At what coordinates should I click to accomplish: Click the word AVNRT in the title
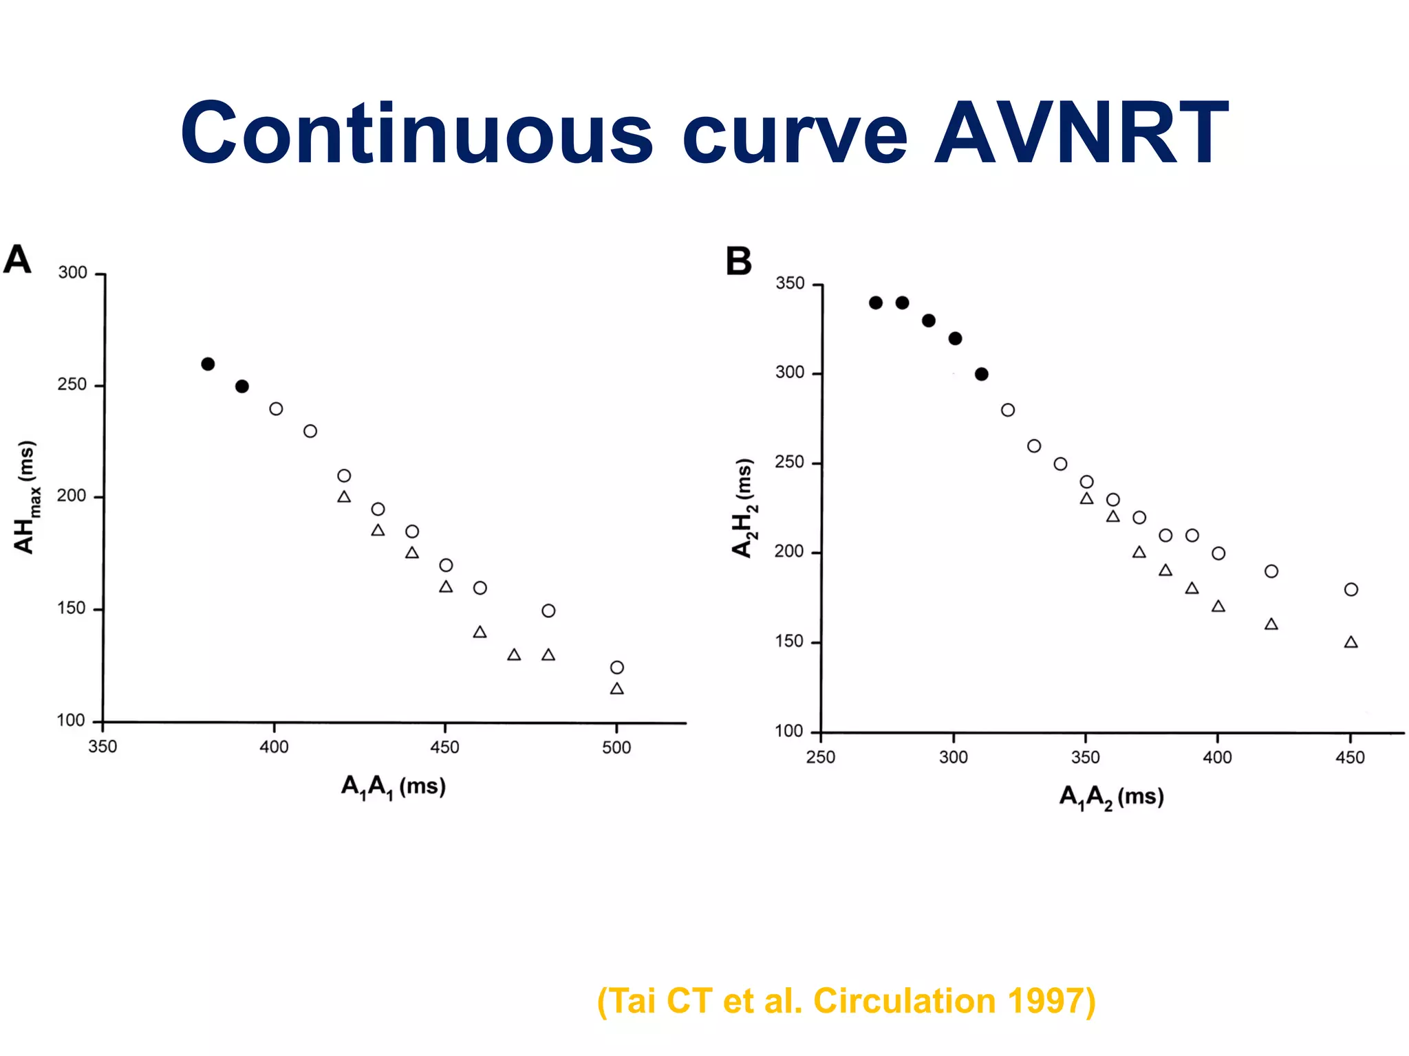(1081, 134)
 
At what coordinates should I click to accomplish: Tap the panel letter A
(17, 260)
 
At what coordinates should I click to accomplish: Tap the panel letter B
(738, 262)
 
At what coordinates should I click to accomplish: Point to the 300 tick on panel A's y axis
(72, 273)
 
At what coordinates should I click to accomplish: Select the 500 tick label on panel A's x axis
(616, 747)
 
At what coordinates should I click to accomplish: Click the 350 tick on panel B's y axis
(789, 283)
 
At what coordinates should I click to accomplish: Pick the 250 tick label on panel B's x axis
(820, 758)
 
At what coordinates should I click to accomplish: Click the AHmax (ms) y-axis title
(26, 497)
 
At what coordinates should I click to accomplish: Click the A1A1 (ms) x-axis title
(394, 786)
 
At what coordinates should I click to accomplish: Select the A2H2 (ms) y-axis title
(744, 507)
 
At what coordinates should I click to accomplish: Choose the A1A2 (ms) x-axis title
(1111, 797)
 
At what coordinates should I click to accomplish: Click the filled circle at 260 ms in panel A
(208, 364)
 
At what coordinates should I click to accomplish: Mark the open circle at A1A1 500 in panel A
(617, 668)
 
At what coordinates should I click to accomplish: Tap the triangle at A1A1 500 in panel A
(617, 689)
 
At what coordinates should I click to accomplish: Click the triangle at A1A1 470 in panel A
(514, 655)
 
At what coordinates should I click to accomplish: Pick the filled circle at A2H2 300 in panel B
(982, 374)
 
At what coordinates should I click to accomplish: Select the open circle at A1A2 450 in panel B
(1351, 589)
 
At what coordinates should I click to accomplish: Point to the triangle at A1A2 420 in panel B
(1271, 624)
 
